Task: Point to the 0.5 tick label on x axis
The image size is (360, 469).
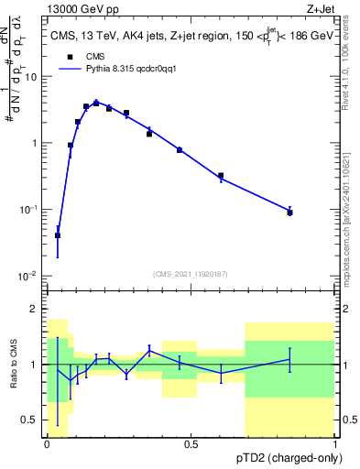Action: click(191, 444)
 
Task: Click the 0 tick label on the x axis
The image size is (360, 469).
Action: click(47, 444)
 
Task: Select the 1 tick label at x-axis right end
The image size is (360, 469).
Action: click(335, 444)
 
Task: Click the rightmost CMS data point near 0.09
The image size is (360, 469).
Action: click(289, 213)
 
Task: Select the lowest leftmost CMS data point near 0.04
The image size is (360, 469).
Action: click(58, 235)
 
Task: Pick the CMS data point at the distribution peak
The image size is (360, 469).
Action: click(96, 104)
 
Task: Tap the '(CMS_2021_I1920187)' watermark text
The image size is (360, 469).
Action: click(190, 273)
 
